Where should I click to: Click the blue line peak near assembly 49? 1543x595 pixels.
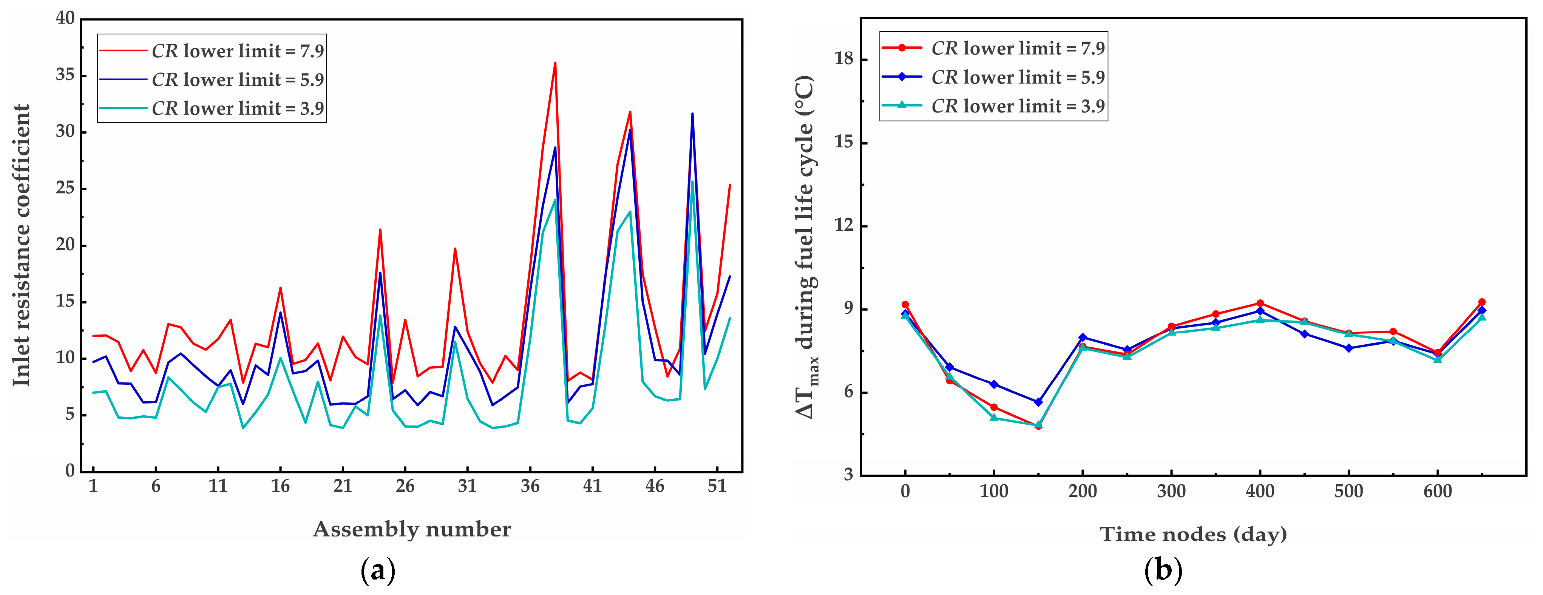692,114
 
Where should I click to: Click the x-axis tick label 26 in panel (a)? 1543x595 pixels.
405,486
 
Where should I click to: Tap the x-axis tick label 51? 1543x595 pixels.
717,486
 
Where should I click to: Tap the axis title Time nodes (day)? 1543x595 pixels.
1193,534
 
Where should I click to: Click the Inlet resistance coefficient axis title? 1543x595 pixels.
22,245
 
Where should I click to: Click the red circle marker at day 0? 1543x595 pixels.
905,305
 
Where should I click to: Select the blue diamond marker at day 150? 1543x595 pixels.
1038,402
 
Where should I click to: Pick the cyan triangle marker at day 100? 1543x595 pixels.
994,417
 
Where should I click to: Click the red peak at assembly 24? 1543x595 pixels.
380,230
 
